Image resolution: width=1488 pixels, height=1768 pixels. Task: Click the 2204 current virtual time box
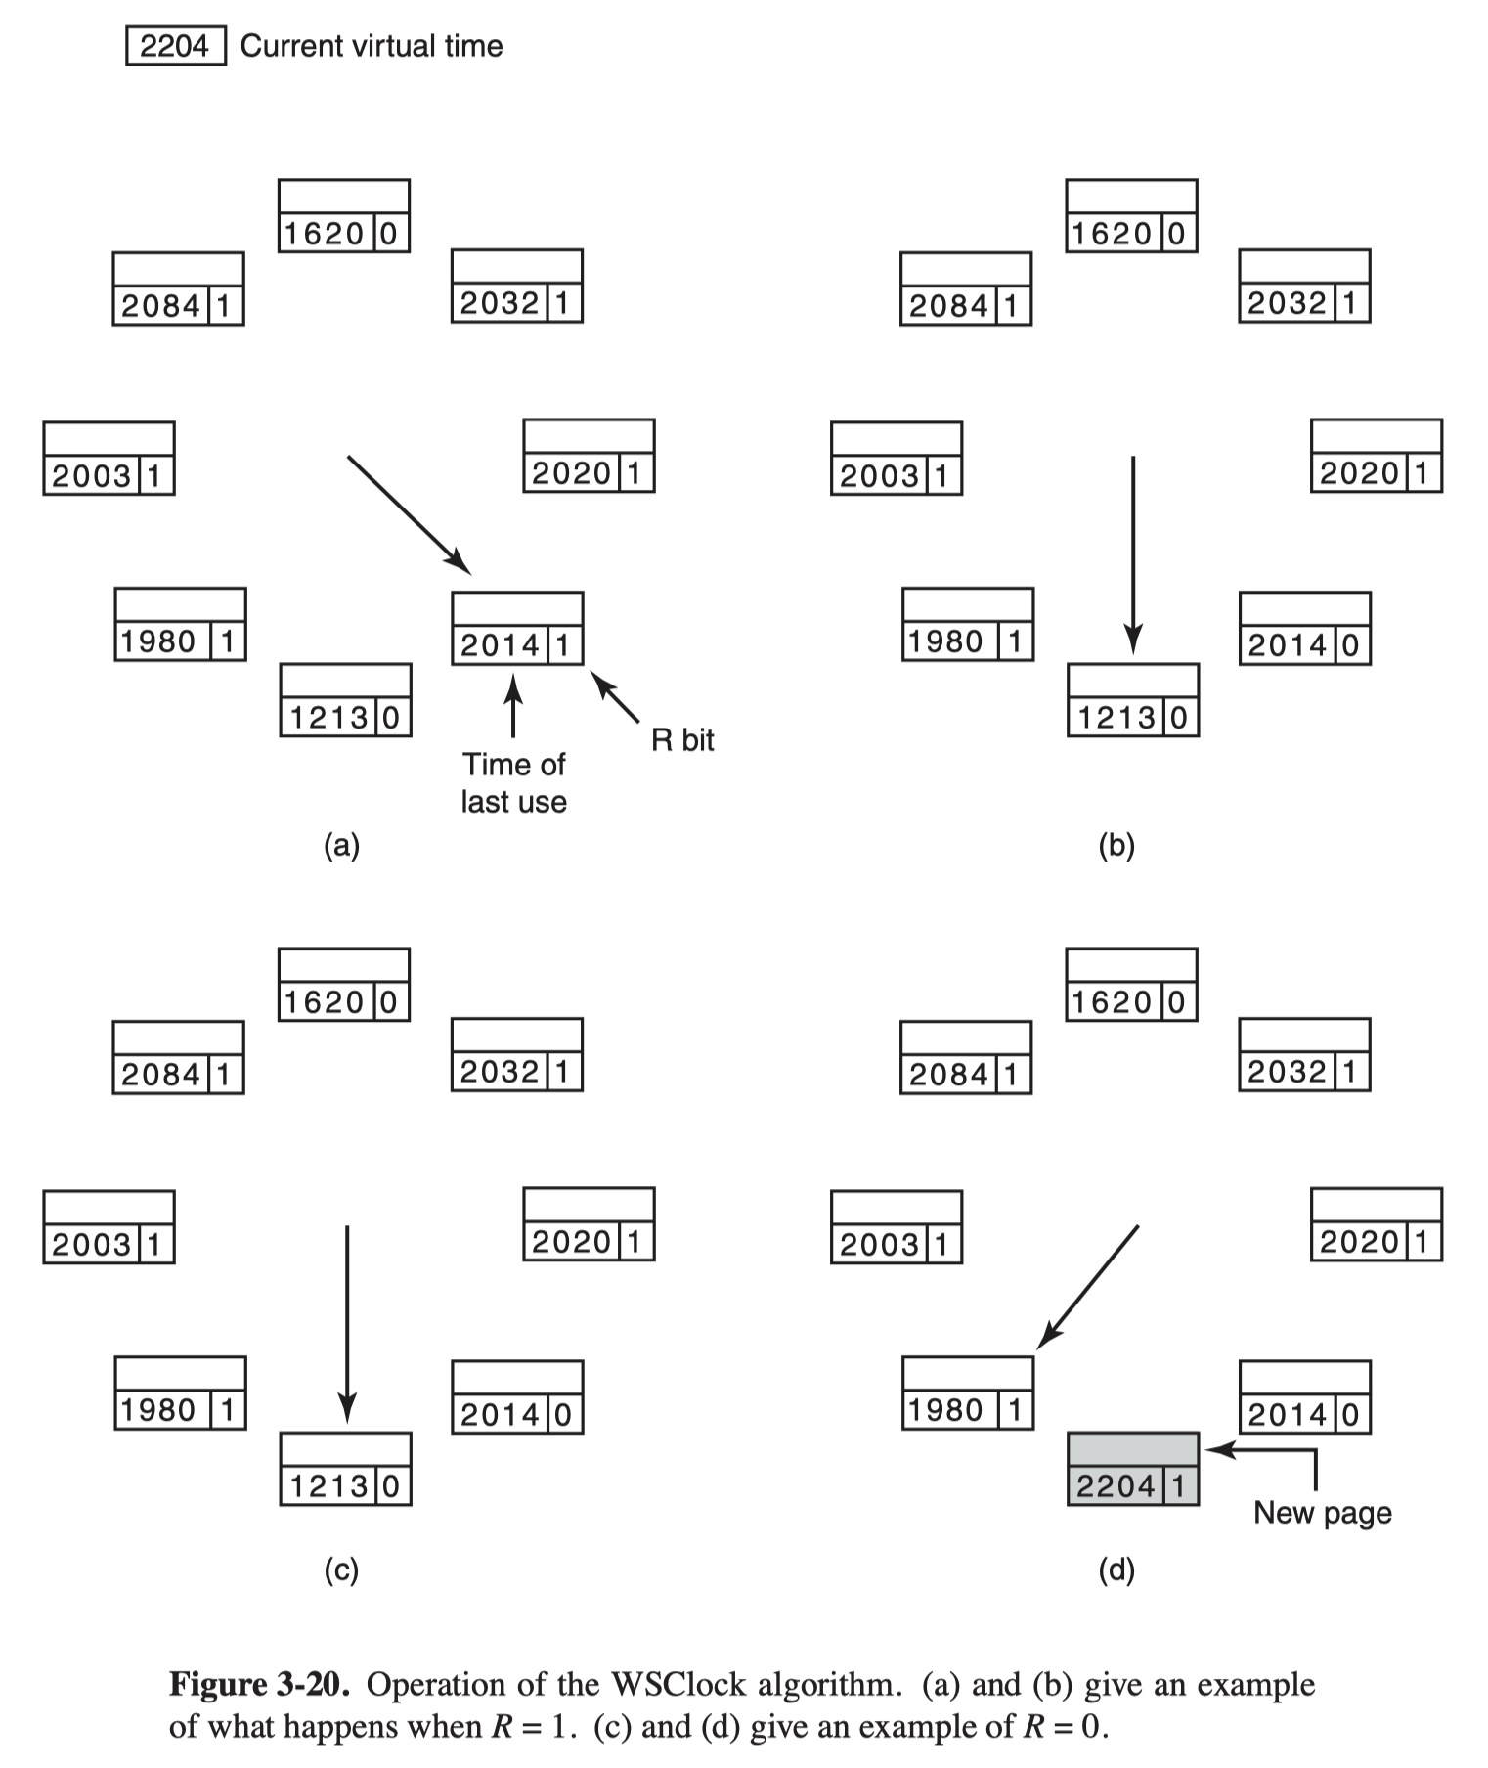click(176, 46)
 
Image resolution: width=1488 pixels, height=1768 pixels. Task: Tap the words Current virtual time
click(372, 46)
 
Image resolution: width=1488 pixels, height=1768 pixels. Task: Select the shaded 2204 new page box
click(1133, 1469)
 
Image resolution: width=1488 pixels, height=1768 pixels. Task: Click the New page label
click(1323, 1513)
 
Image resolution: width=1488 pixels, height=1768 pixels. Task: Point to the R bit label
click(682, 740)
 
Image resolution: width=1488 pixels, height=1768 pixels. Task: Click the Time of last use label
click(513, 782)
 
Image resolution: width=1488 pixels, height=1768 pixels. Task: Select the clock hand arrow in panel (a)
click(410, 515)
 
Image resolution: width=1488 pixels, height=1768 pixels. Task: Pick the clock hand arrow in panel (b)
click(1133, 554)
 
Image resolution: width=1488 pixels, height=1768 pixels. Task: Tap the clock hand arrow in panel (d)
click(1087, 1287)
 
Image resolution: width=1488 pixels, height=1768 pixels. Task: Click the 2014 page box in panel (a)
click(517, 628)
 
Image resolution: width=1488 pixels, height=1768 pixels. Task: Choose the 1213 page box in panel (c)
click(345, 1469)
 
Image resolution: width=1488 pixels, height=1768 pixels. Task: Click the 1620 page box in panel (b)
click(1131, 215)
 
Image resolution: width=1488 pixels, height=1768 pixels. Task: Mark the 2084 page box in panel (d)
click(966, 1057)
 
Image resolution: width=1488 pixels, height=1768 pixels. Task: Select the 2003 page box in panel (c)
click(109, 1226)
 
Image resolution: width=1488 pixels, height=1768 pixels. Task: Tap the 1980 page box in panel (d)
click(968, 1392)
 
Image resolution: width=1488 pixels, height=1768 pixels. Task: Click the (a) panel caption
click(341, 845)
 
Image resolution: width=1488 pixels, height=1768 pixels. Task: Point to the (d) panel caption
click(1116, 1570)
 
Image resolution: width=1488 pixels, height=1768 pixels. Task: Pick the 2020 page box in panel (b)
click(1377, 456)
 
